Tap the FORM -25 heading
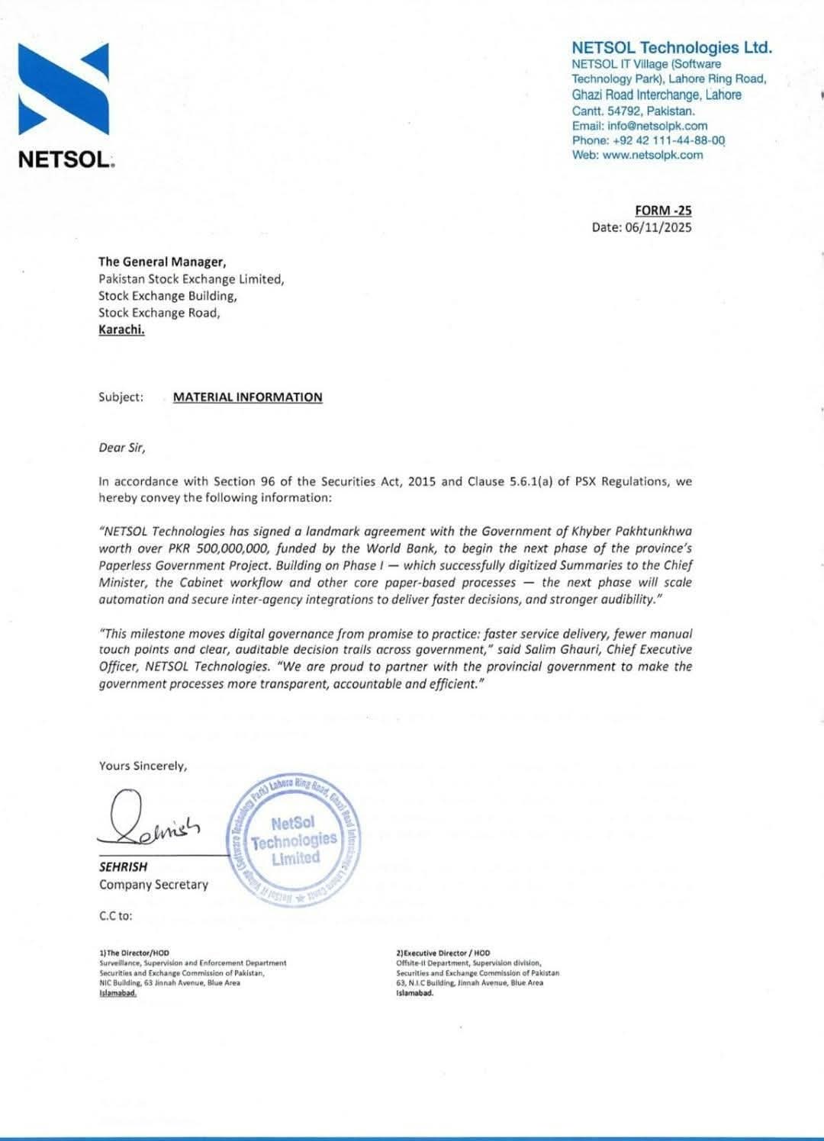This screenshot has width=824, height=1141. (663, 211)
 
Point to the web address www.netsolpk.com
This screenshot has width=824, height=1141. (652, 155)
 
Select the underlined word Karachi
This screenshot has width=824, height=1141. (121, 329)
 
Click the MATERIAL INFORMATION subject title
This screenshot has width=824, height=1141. (247, 397)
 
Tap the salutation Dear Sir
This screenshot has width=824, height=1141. (122, 448)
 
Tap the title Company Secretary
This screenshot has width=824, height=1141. (153, 885)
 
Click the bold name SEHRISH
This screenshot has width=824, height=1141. (123, 867)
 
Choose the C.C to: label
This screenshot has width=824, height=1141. (115, 915)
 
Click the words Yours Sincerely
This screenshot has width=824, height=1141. (143, 766)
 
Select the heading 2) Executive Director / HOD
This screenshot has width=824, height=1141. (443, 953)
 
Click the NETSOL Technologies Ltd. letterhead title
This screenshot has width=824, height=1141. (671, 48)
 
